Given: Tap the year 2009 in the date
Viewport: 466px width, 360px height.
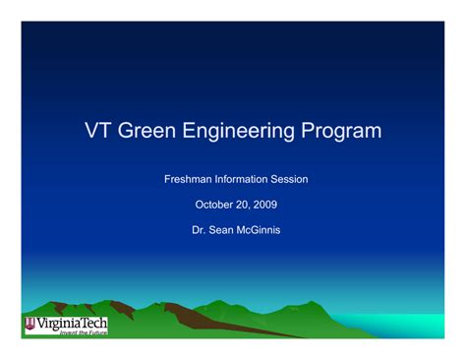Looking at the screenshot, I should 263,205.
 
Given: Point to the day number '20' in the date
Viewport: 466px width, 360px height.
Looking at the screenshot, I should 240,205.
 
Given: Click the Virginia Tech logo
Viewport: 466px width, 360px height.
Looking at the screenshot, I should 66,326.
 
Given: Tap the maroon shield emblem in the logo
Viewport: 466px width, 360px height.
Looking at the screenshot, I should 30,324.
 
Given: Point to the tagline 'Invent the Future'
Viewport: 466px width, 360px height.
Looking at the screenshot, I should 83,334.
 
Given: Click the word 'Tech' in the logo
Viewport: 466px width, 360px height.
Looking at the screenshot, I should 93,322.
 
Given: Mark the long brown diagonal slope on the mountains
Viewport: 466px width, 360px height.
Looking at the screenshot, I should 236,324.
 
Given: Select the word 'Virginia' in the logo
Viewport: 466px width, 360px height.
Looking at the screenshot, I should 58,322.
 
